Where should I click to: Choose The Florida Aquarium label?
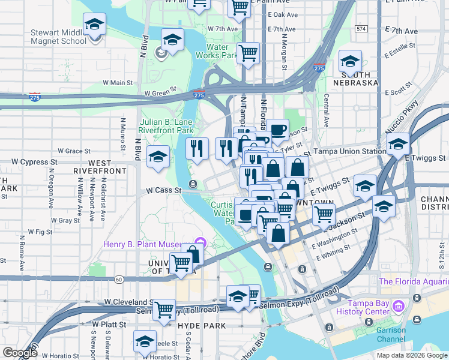tap(414, 281)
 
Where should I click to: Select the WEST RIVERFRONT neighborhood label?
tap(100, 167)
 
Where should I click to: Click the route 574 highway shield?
tap(361, 28)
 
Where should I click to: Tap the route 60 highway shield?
tap(120, 279)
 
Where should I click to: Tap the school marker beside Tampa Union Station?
tap(398, 144)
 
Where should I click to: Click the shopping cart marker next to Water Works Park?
tap(248, 52)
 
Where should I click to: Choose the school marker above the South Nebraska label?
tap(350, 60)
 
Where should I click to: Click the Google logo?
tap(20, 353)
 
